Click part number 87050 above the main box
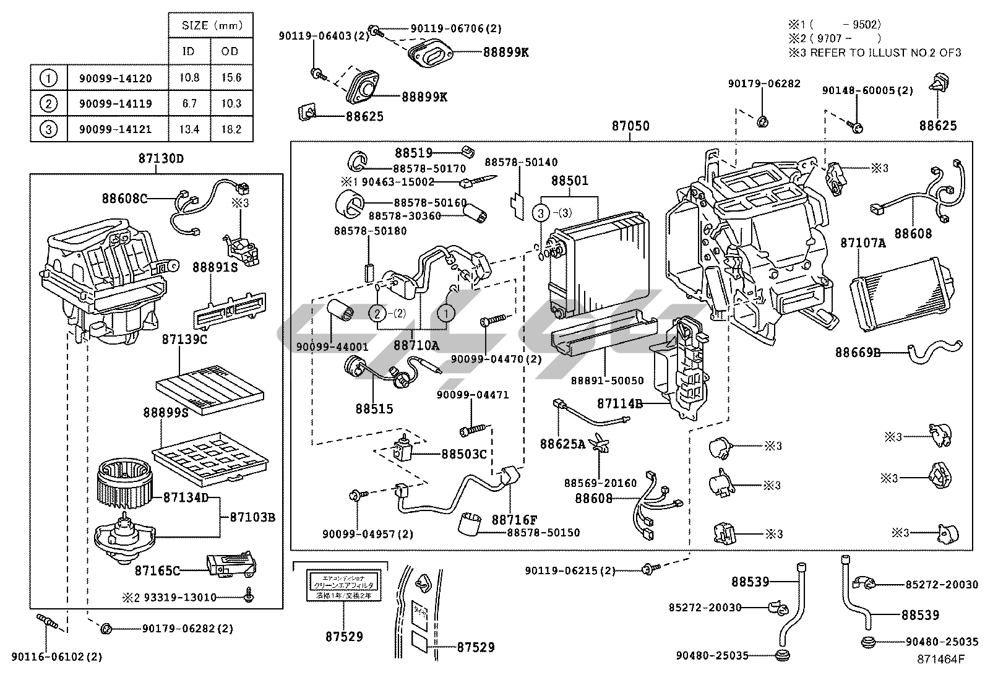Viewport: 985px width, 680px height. click(x=630, y=126)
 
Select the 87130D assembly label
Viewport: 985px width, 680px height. click(x=161, y=158)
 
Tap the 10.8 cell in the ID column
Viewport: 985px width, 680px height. click(x=189, y=78)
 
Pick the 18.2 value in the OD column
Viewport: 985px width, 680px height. click(x=231, y=130)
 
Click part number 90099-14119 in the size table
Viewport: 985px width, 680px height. click(x=115, y=104)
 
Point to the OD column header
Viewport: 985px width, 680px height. click(x=230, y=51)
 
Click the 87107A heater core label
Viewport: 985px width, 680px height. click(x=862, y=243)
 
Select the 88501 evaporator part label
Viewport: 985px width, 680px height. click(x=570, y=181)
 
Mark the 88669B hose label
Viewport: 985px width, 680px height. click(x=858, y=353)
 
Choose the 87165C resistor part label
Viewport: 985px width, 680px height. click(x=158, y=570)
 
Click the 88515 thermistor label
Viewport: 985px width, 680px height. click(x=374, y=409)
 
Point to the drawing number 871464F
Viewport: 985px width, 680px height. click(x=940, y=659)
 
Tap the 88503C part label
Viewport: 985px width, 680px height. click(x=464, y=454)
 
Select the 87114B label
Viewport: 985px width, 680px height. click(x=619, y=404)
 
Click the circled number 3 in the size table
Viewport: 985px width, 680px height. click(x=48, y=129)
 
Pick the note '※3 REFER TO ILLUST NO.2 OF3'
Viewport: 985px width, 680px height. click(x=874, y=53)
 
